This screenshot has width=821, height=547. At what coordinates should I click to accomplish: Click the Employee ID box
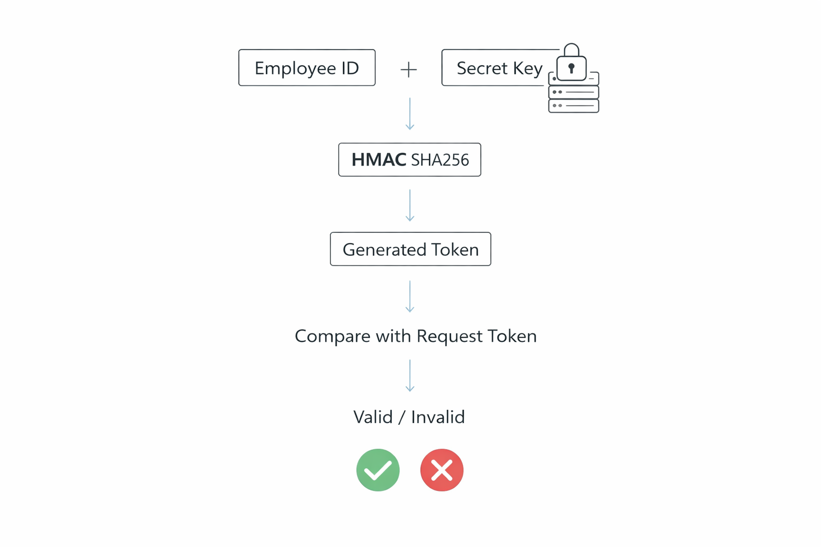(307, 68)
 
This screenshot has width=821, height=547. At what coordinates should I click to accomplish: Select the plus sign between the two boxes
(408, 69)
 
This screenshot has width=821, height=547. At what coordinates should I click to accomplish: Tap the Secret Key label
(499, 68)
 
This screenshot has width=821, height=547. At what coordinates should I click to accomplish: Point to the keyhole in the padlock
(571, 68)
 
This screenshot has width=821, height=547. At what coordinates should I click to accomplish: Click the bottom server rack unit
(574, 106)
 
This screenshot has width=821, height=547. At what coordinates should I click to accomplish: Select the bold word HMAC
(378, 160)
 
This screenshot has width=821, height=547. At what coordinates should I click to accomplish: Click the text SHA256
(440, 160)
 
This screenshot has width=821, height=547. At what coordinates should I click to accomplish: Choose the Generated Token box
(410, 249)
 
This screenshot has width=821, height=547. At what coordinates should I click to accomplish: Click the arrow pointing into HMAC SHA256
(410, 114)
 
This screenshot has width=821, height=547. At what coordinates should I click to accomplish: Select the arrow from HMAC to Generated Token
(410, 205)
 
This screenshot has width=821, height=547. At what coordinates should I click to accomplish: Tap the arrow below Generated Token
(410, 296)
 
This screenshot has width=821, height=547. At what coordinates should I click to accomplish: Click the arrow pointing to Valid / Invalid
(410, 376)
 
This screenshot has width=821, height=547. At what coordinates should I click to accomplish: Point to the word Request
(450, 337)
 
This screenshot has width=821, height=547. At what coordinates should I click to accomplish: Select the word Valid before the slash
(373, 417)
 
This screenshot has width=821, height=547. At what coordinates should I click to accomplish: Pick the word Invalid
(438, 417)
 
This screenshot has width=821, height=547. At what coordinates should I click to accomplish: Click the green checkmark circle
(378, 470)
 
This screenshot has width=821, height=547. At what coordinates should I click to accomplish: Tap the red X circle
(442, 470)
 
